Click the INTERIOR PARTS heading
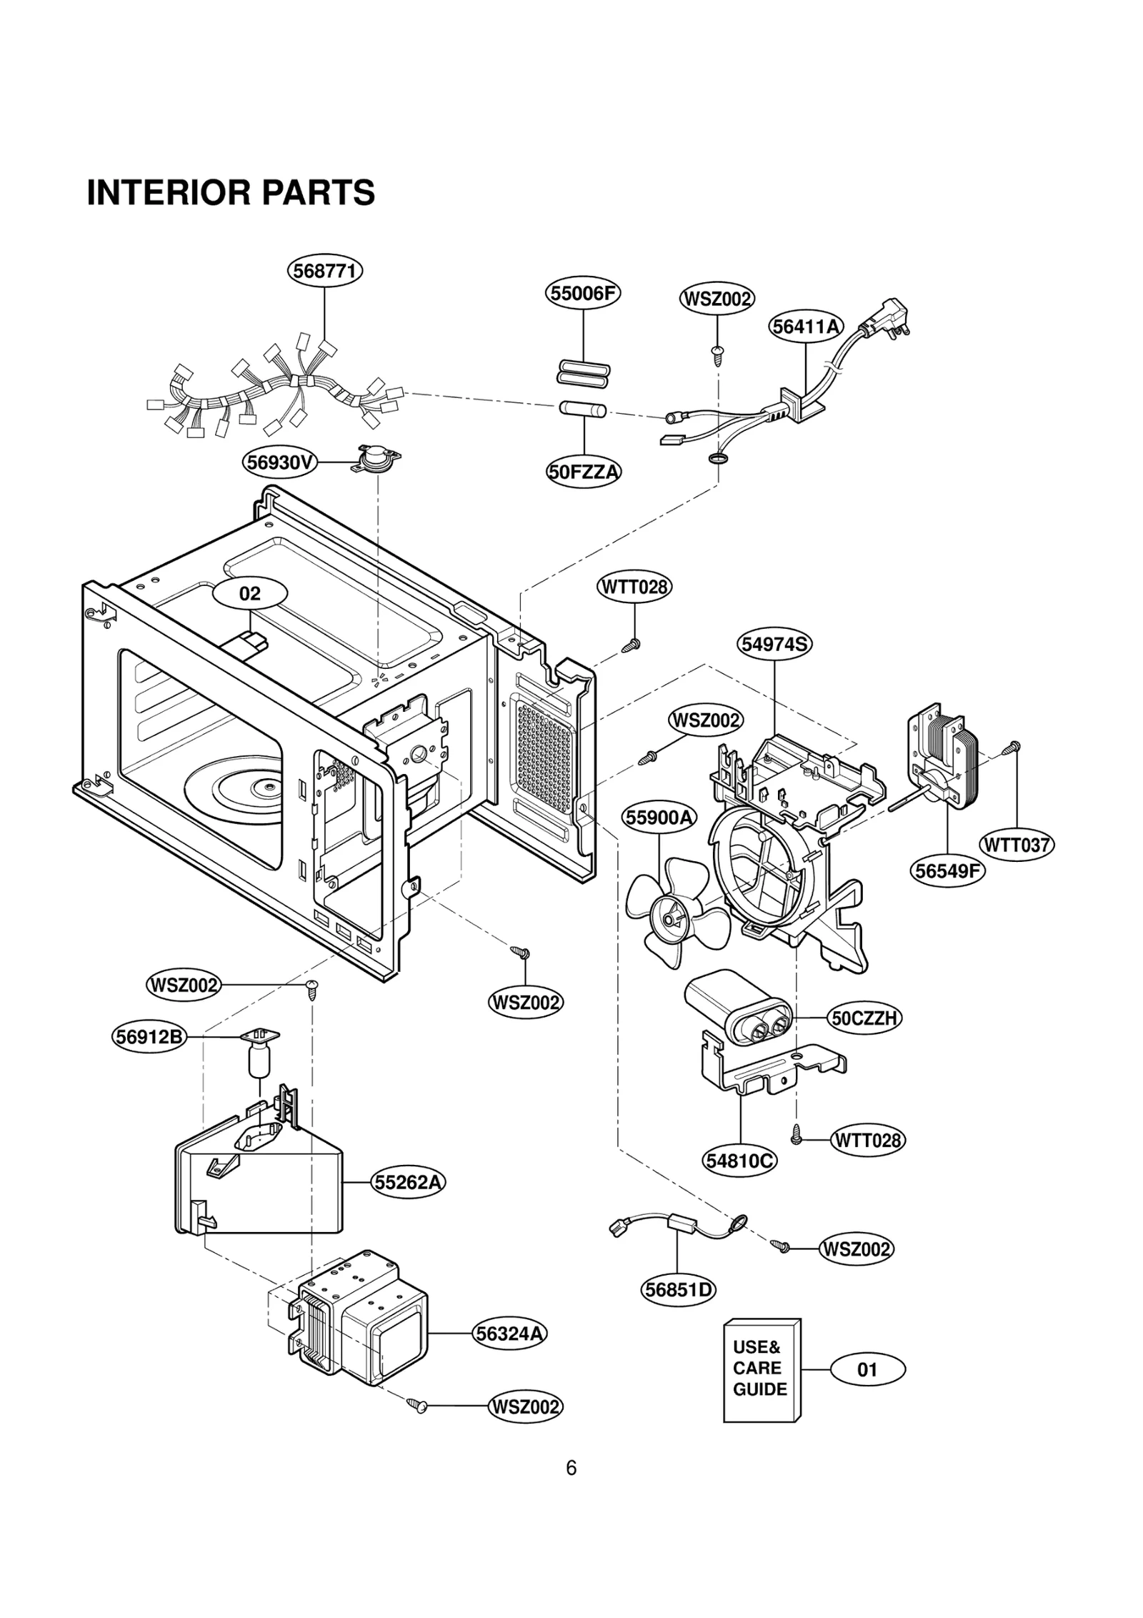(x=231, y=193)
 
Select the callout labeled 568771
(x=325, y=272)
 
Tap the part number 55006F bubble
(x=583, y=293)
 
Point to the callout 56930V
(x=279, y=462)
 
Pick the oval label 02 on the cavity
(x=250, y=593)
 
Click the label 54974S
(x=774, y=644)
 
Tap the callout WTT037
(x=1017, y=845)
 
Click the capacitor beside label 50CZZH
(x=739, y=1008)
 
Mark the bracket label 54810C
(x=740, y=1161)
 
